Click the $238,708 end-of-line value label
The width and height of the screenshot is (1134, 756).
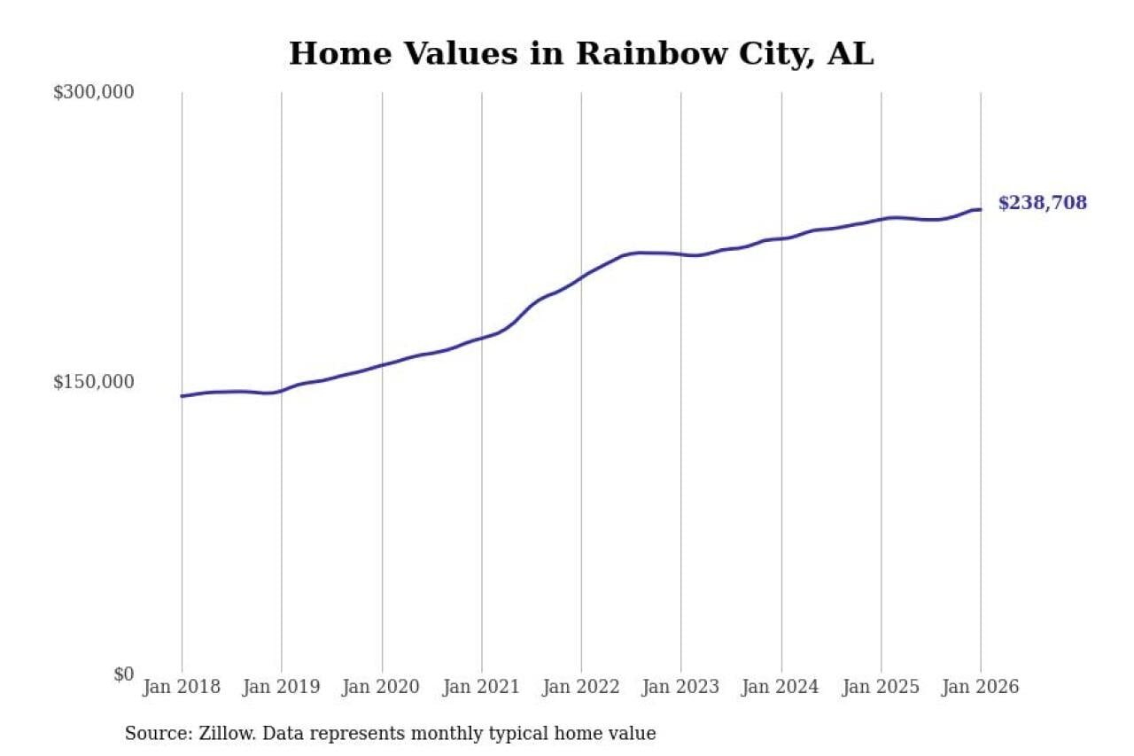[1042, 203]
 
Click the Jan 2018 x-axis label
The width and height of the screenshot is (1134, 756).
[182, 687]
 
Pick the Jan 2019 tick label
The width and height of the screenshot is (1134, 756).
[282, 687]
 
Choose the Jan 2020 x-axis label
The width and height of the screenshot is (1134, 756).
[382, 687]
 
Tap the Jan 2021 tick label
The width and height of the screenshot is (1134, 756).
[481, 687]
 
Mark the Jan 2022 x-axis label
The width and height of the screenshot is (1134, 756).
[581, 687]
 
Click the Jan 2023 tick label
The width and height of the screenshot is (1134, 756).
[680, 687]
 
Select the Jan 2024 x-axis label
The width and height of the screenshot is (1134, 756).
[781, 687]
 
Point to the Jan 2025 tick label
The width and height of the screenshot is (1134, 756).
[881, 687]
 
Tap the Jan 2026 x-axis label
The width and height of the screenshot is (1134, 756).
[980, 687]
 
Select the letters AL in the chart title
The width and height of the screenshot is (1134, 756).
[850, 54]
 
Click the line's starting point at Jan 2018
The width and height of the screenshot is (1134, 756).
[183, 396]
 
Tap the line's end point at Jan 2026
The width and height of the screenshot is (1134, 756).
[980, 210]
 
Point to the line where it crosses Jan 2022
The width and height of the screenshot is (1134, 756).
[581, 277]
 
